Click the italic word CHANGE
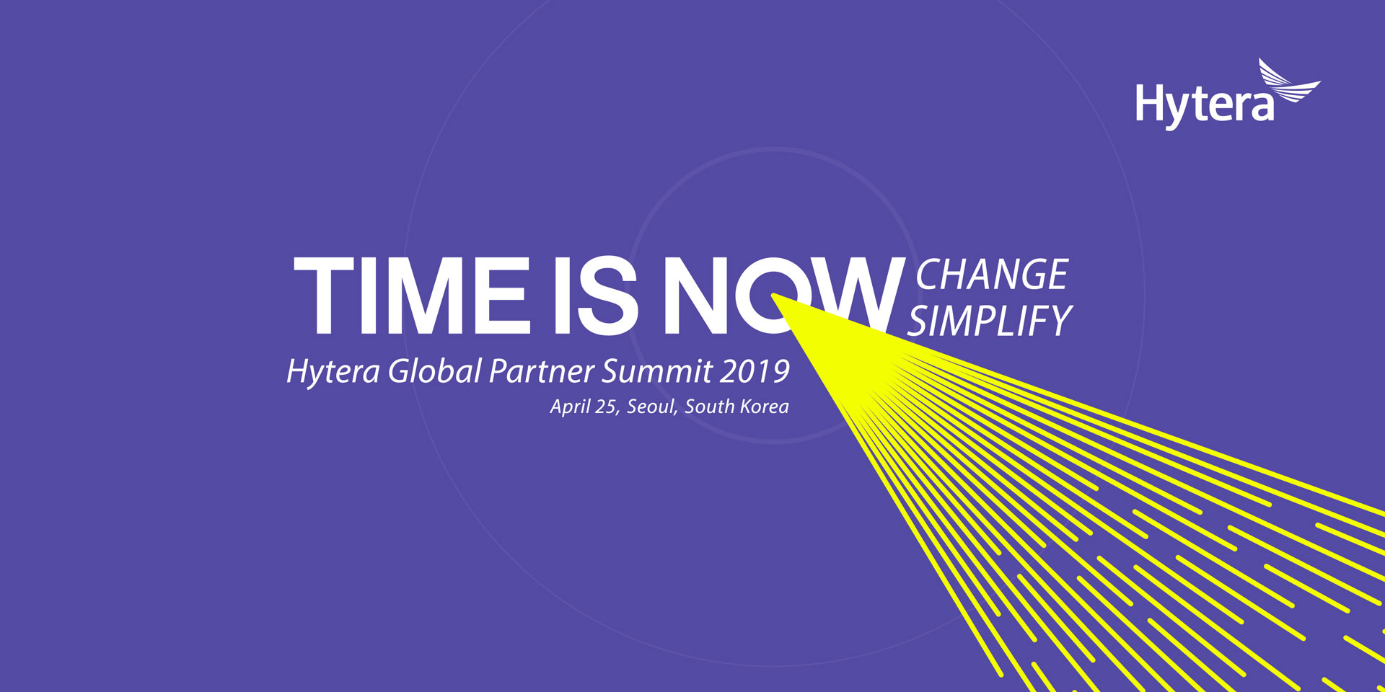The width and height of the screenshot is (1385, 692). coord(992,275)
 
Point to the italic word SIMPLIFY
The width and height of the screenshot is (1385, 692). coord(990,321)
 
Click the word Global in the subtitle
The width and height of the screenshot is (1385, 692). coord(434,371)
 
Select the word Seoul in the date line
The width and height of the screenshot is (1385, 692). coord(651,407)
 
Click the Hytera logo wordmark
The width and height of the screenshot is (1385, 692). coord(1205,105)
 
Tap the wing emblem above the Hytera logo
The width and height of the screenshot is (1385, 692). coord(1289,81)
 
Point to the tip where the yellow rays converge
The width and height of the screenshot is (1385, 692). coord(773,296)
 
